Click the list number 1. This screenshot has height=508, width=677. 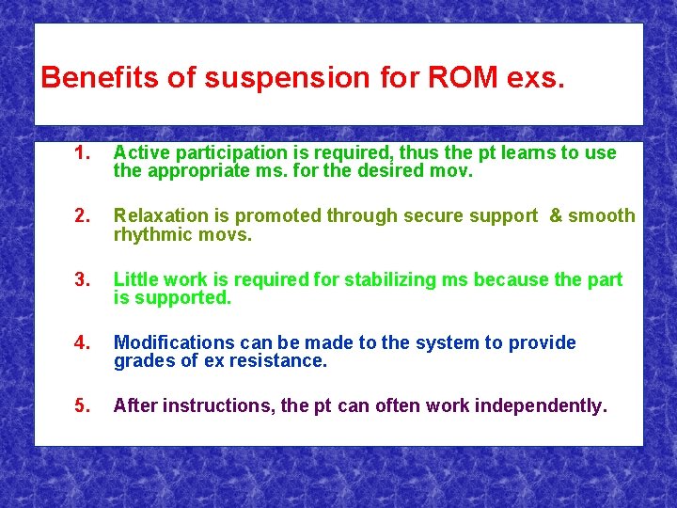[82, 153]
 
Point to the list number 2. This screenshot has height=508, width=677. [82, 216]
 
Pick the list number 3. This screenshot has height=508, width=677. [82, 280]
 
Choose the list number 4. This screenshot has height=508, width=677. [82, 343]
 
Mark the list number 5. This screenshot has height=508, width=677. [82, 406]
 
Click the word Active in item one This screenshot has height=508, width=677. [139, 153]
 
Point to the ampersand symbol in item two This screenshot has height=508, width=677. [556, 216]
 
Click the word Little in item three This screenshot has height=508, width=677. [134, 280]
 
